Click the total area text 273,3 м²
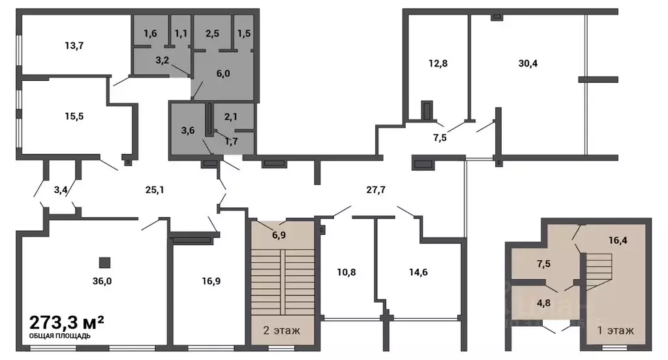pos(67,322)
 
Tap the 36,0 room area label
pos(102,281)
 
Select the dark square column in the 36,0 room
pos(104,262)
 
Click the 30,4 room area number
pos(528,63)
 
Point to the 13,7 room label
pos(74,46)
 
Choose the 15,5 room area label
pos(74,116)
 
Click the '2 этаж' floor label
pos(282,330)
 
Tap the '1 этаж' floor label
pos(616,330)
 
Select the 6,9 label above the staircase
pos(279,235)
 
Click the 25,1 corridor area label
pos(155,190)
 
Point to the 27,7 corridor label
pos(376,190)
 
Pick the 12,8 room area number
pos(438,63)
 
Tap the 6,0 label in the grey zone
pos(223,74)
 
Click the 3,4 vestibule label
pos(61,190)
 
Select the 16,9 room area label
pos(211,281)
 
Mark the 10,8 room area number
pos(346,272)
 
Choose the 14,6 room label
pos(418,272)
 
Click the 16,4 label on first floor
pos(618,241)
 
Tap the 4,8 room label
pos(543,303)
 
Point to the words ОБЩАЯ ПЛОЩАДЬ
pos(59,336)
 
